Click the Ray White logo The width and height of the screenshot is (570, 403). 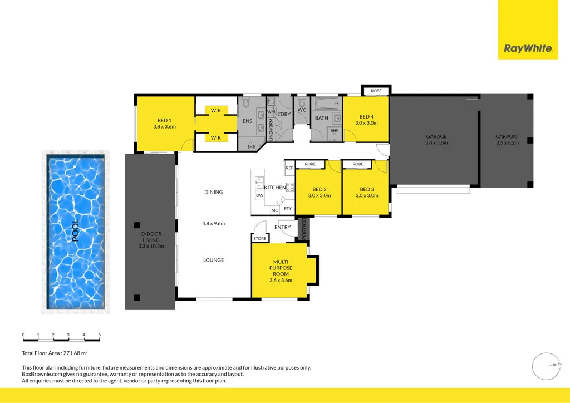tap(528, 48)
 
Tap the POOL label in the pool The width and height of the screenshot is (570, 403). tap(75, 230)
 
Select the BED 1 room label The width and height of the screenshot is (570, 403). tap(164, 121)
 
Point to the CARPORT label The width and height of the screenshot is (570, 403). tap(507, 136)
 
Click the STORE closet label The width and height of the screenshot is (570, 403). tap(260, 238)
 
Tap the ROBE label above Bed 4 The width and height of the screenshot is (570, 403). tap(376, 90)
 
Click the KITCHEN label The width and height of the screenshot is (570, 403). tap(275, 188)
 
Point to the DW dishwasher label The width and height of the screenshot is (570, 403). tap(259, 196)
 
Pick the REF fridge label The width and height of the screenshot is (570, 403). tap(289, 168)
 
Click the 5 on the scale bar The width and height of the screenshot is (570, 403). tap(99, 335)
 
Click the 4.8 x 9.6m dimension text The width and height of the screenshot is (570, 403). tap(213, 224)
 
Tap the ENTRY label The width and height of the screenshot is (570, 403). tap(283, 227)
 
